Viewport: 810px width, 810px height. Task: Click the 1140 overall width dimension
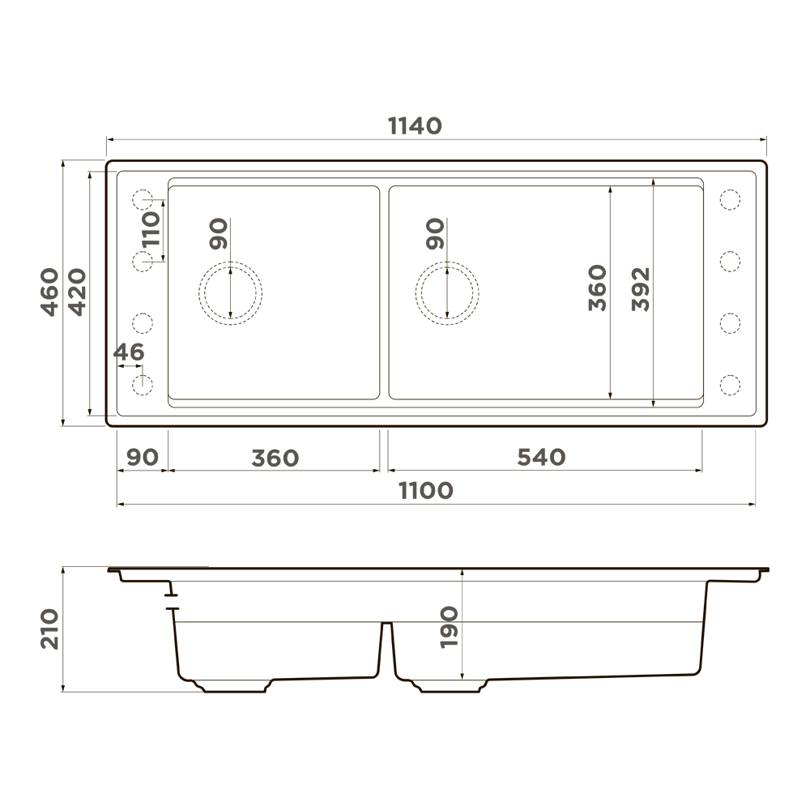coord(415,126)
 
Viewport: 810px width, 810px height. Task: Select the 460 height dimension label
coord(50,292)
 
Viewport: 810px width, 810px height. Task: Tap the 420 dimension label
coord(76,292)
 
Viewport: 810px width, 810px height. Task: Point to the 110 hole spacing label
coord(151,230)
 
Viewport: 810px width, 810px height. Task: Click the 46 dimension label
coord(129,352)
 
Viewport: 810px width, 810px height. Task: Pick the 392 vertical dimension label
coord(642,288)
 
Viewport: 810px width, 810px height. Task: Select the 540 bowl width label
coord(541,458)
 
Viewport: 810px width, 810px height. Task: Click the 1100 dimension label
coord(426,490)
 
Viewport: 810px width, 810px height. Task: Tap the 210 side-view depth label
coord(50,629)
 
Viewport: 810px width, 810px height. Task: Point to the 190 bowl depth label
coord(450,626)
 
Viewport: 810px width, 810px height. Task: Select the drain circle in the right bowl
coord(447,292)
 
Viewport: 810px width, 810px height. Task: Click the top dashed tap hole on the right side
coord(730,198)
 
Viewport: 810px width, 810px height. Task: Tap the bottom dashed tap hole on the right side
coord(730,384)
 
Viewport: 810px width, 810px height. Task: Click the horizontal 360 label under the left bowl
coord(275,458)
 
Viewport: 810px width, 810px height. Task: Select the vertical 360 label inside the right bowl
coord(597,288)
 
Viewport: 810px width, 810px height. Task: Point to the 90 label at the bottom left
coord(143,458)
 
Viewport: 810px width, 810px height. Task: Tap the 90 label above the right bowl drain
coord(435,234)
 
